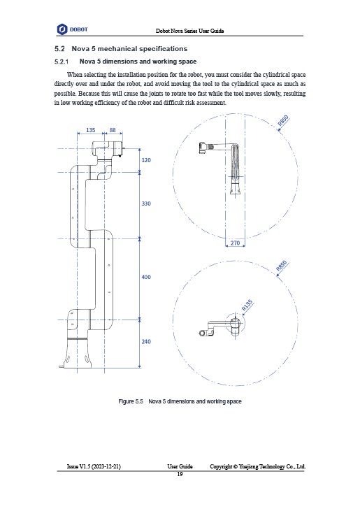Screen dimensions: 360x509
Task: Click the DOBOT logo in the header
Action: tap(73, 29)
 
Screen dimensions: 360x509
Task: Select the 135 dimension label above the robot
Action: tap(91, 130)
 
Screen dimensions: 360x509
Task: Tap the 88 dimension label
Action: tap(113, 130)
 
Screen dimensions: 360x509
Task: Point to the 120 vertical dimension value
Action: tap(146, 160)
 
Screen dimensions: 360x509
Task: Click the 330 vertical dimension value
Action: tap(146, 203)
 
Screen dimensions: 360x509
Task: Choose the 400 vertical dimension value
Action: tap(146, 277)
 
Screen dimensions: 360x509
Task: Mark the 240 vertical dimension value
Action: tap(146, 341)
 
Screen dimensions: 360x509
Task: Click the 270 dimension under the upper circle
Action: tap(235, 243)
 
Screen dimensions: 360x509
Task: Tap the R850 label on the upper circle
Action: tap(283, 120)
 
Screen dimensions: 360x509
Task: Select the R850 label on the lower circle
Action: tap(282, 266)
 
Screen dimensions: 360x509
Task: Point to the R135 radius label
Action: tap(247, 306)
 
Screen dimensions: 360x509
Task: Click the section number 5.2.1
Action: tap(62, 62)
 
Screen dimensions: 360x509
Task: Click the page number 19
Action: tap(180, 474)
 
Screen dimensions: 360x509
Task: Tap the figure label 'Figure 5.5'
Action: tap(131, 401)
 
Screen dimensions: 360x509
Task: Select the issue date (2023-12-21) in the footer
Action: tap(106, 466)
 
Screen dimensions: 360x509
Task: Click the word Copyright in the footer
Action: tap(221, 466)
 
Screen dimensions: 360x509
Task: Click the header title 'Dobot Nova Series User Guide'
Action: tap(190, 31)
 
